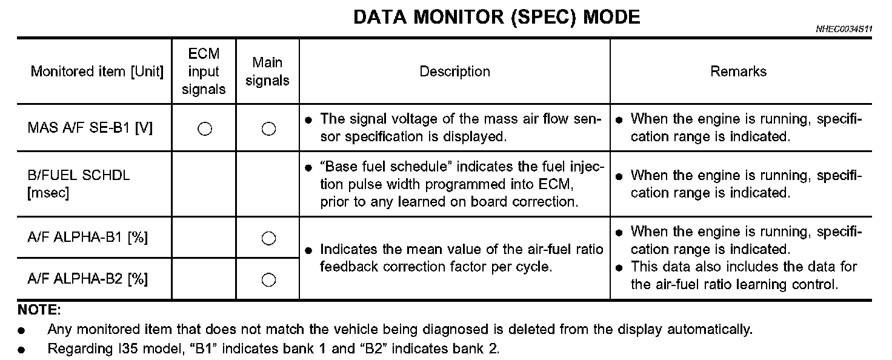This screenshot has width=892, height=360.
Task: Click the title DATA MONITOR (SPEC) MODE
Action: (496, 17)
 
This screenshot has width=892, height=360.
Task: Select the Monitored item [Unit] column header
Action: (97, 72)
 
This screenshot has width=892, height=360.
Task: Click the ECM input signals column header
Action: (204, 72)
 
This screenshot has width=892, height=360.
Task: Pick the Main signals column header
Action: (267, 72)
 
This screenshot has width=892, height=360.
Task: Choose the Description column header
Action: (454, 72)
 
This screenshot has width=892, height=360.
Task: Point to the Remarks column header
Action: (738, 72)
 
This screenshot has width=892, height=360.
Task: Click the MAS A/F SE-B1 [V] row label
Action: (90, 128)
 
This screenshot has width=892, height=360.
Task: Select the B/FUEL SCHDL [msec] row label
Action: (79, 184)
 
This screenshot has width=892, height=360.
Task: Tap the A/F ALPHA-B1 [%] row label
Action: (88, 238)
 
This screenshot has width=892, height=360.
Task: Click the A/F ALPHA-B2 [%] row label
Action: (88, 279)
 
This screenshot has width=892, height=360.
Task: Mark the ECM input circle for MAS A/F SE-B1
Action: (205, 128)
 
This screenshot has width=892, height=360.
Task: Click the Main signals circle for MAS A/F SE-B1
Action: (268, 128)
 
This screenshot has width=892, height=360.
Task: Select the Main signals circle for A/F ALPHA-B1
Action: (268, 238)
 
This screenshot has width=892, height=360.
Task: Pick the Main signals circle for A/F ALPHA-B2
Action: (268, 279)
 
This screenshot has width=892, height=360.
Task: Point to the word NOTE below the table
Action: (39, 311)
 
